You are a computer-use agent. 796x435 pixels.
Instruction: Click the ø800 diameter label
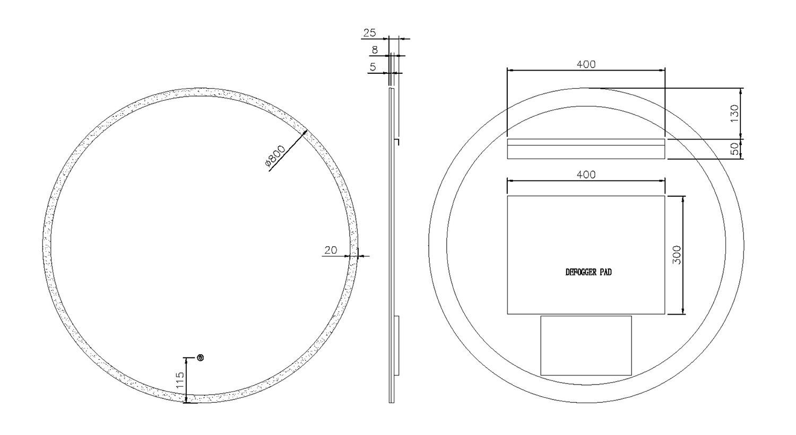[275, 156]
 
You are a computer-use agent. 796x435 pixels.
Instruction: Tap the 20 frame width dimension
[331, 250]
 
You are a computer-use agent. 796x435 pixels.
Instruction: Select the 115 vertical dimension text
[180, 380]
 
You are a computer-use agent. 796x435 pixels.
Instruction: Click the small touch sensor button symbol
[201, 358]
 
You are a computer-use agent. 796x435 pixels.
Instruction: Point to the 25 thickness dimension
[369, 33]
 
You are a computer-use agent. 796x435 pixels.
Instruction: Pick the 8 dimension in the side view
[375, 50]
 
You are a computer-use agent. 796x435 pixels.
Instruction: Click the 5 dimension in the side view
[373, 67]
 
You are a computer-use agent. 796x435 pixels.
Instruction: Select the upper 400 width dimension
[586, 64]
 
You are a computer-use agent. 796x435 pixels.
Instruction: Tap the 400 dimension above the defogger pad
[586, 175]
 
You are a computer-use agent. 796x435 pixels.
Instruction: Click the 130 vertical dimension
[734, 114]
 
